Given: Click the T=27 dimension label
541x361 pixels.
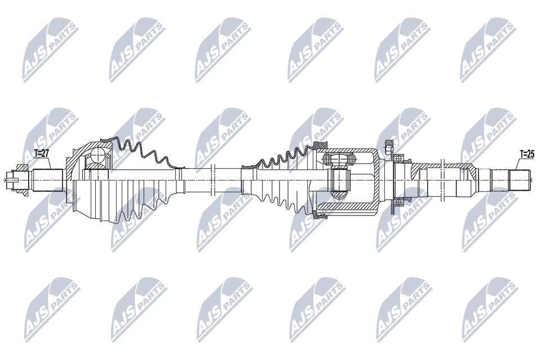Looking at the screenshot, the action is [42, 153].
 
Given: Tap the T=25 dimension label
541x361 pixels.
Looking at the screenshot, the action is [526, 154].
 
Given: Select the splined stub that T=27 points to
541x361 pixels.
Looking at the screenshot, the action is [47, 179].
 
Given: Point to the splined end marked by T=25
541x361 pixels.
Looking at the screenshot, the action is [520, 179].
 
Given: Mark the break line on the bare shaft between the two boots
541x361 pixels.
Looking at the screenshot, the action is [212, 179].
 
